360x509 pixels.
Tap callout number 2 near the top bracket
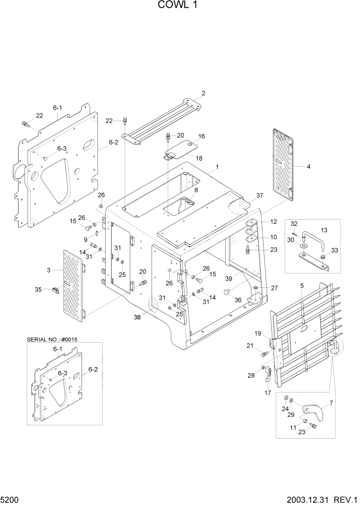pos(204,93)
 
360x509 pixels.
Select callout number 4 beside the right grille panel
pos(308,167)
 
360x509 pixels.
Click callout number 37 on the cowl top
pos(259,195)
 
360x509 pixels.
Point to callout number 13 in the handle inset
pos(324,230)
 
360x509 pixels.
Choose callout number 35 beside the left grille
pos(51,289)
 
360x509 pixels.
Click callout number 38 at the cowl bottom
pos(330,403)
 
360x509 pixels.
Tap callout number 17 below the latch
pos(267,394)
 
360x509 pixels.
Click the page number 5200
pos(10,499)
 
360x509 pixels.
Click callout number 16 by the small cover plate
pos(202,136)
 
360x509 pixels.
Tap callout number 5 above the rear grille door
pos(302,285)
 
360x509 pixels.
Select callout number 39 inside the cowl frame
pos(229,278)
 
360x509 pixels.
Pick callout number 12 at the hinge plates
pos(273,222)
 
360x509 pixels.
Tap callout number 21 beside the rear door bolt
pos(250,345)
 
